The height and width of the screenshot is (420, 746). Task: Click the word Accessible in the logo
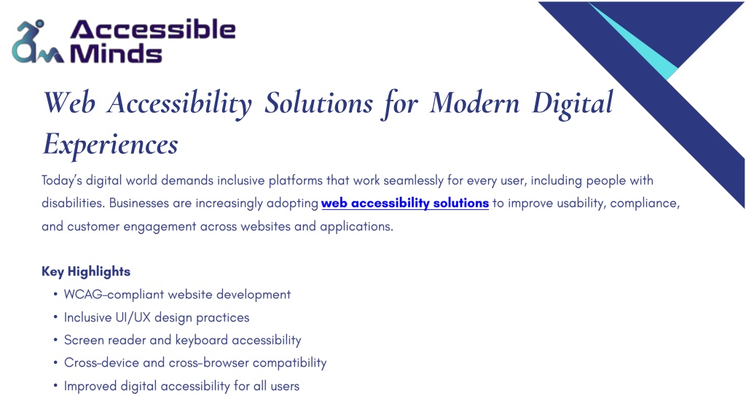[x=153, y=29]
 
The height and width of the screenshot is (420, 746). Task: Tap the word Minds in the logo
[x=116, y=53]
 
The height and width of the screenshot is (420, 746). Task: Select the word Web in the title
[x=69, y=102]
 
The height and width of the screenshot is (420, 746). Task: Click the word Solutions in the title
[x=319, y=102]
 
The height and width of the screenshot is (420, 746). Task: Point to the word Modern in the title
[x=474, y=102]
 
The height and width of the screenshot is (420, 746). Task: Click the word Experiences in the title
[x=111, y=144]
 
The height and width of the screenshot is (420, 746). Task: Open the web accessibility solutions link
[x=405, y=203]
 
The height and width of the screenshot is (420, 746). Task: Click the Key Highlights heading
[x=86, y=271]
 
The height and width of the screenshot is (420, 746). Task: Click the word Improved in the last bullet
[x=90, y=386]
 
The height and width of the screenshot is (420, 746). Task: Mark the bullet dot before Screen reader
[x=55, y=340]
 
